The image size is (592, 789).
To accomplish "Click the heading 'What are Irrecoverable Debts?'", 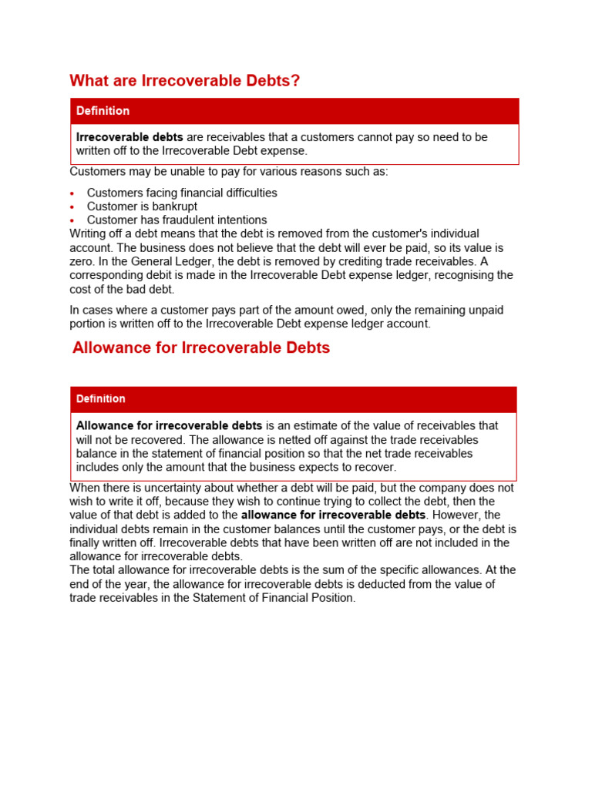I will point(184,81).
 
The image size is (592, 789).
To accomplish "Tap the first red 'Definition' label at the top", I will point(103,111).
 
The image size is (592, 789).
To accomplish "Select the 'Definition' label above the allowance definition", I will point(100,399).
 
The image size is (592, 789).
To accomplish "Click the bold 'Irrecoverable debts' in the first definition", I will point(129,137).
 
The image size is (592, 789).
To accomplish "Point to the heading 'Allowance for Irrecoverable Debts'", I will point(201,347).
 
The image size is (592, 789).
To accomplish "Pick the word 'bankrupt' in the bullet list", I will point(174,206).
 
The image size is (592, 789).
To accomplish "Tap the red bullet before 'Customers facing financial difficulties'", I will point(72,193).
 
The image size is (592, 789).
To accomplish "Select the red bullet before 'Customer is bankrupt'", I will point(72,207).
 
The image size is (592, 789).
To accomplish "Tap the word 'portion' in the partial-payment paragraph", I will point(89,324).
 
